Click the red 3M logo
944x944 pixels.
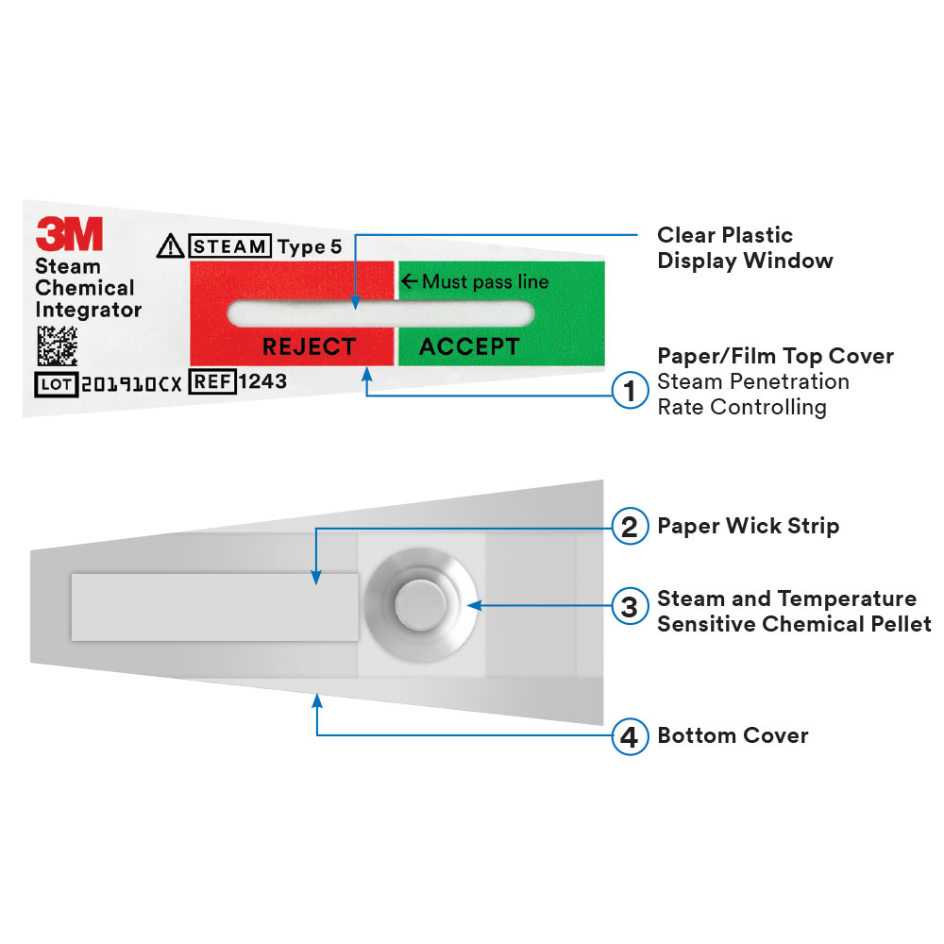(x=69, y=233)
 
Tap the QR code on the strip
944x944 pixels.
(x=58, y=346)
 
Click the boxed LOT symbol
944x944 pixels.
(x=57, y=384)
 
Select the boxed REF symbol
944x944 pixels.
(x=212, y=381)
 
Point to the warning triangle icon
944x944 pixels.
(x=170, y=245)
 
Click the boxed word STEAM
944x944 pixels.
(x=230, y=245)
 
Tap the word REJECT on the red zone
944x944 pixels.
(x=310, y=346)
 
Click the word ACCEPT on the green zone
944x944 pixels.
(x=469, y=346)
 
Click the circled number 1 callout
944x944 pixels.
(x=630, y=391)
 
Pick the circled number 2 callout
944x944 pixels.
(x=630, y=527)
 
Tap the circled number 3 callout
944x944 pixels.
(x=630, y=606)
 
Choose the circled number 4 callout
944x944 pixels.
(x=630, y=736)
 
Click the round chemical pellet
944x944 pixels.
(x=421, y=605)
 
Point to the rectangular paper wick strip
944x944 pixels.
(x=215, y=607)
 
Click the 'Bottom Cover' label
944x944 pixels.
(x=733, y=735)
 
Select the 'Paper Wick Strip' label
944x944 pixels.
(x=749, y=526)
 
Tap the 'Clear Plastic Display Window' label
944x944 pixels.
(x=746, y=247)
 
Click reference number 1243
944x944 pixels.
(x=262, y=381)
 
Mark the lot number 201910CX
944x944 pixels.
(x=131, y=385)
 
